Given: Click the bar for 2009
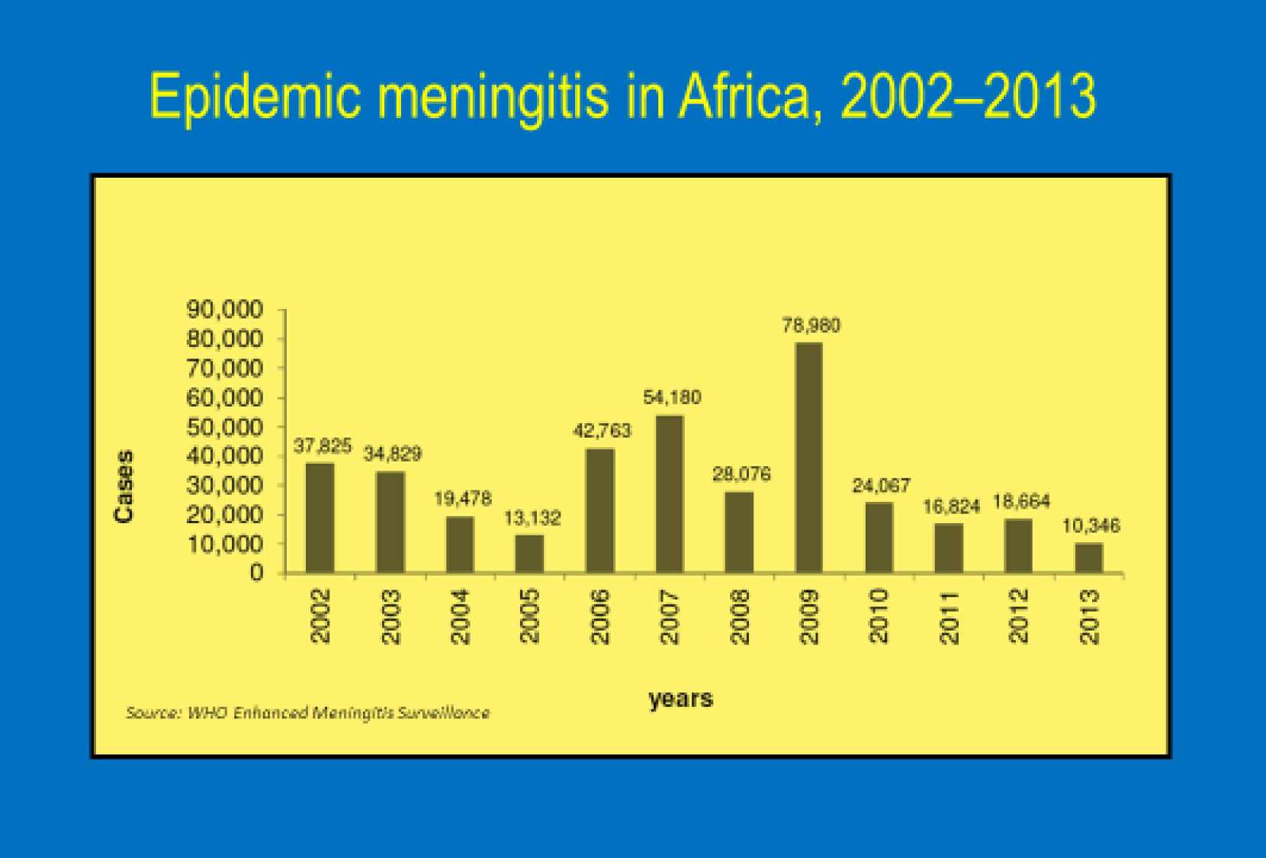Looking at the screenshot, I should point(808,458).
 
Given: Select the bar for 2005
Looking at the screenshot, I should point(529,554).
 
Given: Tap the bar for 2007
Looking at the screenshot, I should point(669,494).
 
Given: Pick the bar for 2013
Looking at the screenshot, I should point(1089,558).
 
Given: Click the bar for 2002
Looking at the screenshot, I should point(320,518).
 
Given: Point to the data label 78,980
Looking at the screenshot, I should point(811,326).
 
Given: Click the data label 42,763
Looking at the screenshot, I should point(602,431).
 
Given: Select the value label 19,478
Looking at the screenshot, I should point(463,499).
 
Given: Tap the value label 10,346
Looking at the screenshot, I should point(1091,525).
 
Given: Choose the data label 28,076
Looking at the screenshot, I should point(741,474).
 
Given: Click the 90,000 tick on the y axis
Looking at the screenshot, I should point(225,310).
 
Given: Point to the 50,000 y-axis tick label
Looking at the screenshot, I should point(225,427).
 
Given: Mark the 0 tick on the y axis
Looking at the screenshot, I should point(256,573).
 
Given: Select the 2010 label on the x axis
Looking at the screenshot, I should point(879,616).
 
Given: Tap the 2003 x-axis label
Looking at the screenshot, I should point(390,616).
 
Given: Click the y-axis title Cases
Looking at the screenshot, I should point(124,486).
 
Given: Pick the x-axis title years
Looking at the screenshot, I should point(680,699).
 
